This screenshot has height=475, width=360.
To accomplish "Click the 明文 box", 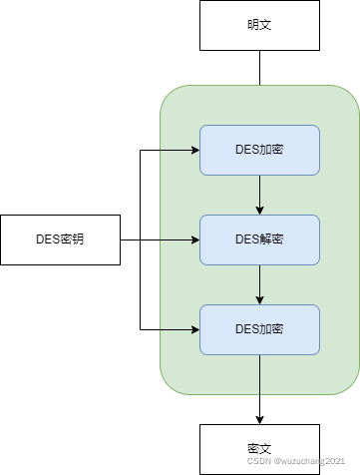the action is pyautogui.click(x=259, y=25).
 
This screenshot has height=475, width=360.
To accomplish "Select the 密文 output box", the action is pyautogui.click(x=259, y=449).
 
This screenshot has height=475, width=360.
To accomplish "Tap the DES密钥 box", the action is pyautogui.click(x=60, y=239).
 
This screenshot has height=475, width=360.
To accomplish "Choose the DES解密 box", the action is pyautogui.click(x=259, y=239).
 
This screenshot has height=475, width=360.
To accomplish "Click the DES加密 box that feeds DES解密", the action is pyautogui.click(x=259, y=150).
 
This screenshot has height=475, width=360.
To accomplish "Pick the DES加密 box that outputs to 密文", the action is pyautogui.click(x=259, y=329).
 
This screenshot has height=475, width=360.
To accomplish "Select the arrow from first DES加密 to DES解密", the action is pyautogui.click(x=259, y=195).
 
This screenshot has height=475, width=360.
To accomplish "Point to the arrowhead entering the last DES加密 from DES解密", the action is pyautogui.click(x=259, y=300).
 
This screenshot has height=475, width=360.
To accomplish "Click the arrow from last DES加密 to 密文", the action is pyautogui.click(x=259, y=389).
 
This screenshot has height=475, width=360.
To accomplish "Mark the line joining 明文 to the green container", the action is pyautogui.click(x=259, y=68).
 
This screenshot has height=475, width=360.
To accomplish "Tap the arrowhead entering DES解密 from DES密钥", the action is pyautogui.click(x=195, y=239).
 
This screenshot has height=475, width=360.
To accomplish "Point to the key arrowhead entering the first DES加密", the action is pyautogui.click(x=195, y=150).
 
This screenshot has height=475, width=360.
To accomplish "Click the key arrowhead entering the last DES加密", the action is pyautogui.click(x=195, y=329).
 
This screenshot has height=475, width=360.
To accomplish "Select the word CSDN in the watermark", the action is pyautogui.click(x=259, y=461).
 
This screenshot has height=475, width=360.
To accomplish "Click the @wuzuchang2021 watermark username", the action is pyautogui.click(x=309, y=461).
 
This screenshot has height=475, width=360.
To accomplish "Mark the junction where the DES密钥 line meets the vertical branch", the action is pyautogui.click(x=140, y=239).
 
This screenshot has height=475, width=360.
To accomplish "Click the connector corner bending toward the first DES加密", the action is pyautogui.click(x=140, y=150).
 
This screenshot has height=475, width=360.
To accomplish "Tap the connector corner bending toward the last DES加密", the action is pyautogui.click(x=140, y=329).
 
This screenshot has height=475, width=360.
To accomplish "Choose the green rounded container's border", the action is pyautogui.click(x=161, y=239).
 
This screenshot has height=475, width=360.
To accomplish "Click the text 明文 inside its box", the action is pyautogui.click(x=259, y=25).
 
